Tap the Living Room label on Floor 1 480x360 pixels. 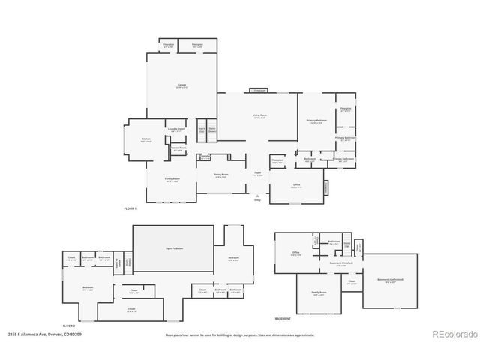point(259,116)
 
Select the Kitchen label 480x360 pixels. point(146,140)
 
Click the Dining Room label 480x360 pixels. point(219,175)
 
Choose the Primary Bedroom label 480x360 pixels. point(316,121)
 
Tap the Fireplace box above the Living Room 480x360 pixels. point(259,90)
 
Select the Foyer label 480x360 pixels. point(257,174)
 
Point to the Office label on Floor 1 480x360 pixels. point(296,186)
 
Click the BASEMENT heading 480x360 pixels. point(283,319)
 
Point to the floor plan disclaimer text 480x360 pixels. point(240,334)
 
